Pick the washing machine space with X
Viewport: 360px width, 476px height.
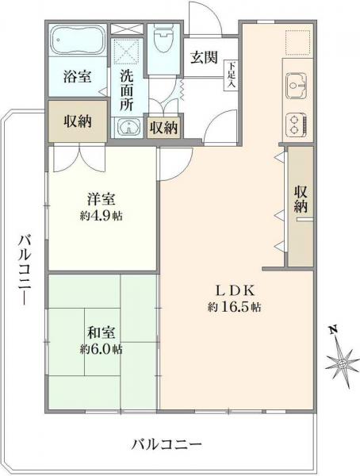(127, 52)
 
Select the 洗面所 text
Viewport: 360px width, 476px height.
(127, 89)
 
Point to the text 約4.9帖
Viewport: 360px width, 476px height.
(100, 215)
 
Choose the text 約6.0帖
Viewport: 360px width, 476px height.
(100, 349)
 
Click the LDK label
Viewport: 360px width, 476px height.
(235, 290)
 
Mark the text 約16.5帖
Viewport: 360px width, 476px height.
(235, 306)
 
